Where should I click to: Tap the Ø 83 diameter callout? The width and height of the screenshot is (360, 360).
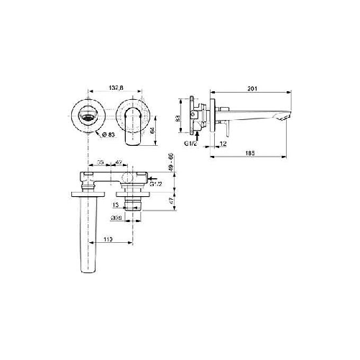point(106,135)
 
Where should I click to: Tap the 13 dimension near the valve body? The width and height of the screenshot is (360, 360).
point(118,205)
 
